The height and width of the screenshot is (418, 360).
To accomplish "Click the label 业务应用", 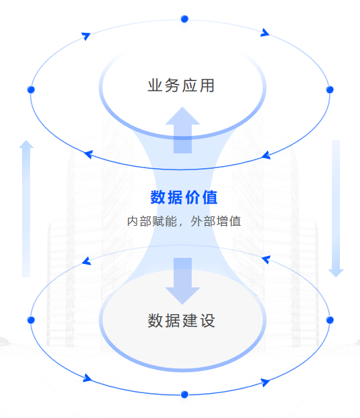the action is point(181,85).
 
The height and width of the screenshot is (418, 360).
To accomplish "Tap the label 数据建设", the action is point(181,320).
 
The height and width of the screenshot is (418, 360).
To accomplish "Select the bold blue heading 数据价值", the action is point(184,197).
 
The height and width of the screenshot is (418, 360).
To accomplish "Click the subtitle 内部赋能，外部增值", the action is point(184,221).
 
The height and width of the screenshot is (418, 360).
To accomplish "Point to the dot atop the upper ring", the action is point(184,19).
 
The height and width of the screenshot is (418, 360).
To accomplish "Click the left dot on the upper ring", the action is point(31,90).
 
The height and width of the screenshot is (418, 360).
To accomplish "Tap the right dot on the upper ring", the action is point(330,90).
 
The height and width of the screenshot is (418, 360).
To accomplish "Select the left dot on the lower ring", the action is point(31,320).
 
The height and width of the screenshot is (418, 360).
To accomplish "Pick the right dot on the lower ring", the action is point(330,320).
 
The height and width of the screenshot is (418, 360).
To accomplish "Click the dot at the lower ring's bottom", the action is point(184,395).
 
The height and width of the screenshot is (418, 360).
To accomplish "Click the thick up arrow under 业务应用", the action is point(182,130).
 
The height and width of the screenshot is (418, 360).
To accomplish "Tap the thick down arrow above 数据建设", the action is point(182,281).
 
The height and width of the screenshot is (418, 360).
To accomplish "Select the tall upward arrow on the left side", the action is point(26,208).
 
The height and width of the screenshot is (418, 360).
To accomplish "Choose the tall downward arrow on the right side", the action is point(336,208).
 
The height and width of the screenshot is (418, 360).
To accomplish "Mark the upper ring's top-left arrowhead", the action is point(86,36).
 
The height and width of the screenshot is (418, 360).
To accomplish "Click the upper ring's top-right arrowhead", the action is point(265,33).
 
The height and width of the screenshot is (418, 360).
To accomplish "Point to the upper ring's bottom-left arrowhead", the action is point(88,154).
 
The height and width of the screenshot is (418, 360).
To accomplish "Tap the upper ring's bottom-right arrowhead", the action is point(266,155).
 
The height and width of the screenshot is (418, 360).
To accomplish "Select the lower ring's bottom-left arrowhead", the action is point(87,378).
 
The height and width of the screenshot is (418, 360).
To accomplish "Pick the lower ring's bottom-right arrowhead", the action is point(265,382).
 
